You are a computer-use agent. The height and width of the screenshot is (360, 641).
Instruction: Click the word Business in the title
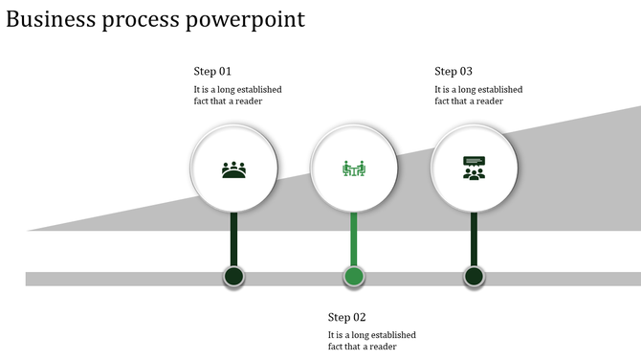51,19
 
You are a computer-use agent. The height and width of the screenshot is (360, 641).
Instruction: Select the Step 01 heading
212,72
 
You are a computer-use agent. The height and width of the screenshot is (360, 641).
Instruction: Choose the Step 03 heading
453,72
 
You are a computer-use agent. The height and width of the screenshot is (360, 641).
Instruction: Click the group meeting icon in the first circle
234,169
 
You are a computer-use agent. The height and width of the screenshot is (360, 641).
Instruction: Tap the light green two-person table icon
354,169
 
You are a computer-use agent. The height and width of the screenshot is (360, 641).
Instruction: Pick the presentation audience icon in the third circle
474,169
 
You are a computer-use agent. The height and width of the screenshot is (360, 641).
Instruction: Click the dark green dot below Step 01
234,278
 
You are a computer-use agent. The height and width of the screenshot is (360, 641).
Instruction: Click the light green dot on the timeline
354,278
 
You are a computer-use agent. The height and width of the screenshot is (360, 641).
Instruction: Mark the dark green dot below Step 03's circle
474,278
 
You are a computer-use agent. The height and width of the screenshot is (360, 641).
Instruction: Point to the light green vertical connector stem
354,239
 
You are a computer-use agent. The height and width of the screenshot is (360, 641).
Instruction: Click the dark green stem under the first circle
234,239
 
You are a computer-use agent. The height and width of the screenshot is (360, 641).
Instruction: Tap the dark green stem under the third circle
474,239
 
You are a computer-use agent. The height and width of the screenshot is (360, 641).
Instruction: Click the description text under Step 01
237,96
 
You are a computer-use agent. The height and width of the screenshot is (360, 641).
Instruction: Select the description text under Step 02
371,341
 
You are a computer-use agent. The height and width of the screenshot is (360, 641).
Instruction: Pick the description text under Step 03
478,96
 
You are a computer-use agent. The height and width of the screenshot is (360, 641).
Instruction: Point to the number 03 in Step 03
466,72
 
